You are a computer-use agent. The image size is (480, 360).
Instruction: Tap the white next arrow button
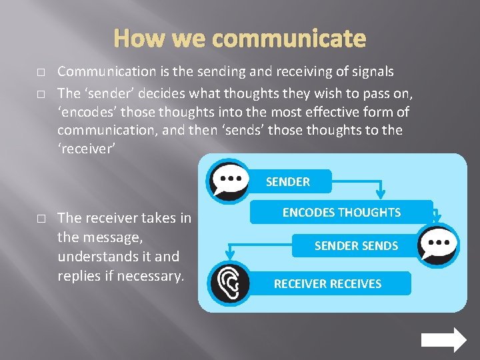444,340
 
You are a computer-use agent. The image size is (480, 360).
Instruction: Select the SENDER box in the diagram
287,181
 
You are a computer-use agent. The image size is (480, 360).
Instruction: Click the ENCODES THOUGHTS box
341,213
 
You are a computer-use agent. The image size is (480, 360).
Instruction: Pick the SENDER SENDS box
356,246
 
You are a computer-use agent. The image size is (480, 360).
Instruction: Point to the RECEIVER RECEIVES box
327,283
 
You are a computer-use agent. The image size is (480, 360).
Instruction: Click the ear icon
229,283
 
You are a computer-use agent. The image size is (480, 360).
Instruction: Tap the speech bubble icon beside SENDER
229,179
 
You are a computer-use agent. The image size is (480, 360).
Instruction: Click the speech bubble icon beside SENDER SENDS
438,245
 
